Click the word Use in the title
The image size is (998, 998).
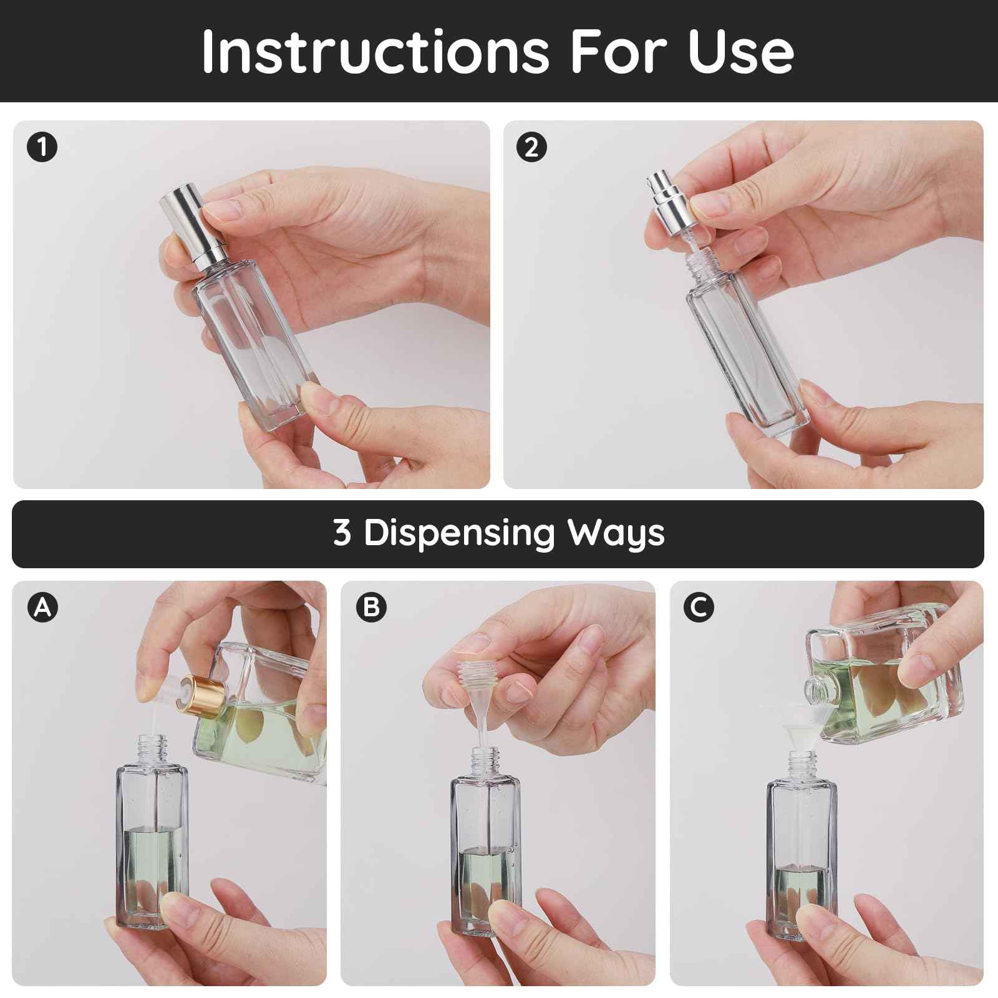point(740,51)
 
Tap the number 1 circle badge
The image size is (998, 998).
point(42,148)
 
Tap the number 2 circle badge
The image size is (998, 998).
point(531,148)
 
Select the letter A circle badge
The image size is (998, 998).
point(42,606)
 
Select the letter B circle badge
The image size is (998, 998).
point(371,606)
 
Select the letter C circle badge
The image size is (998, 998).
point(698,606)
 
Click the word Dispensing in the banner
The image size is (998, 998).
point(459,533)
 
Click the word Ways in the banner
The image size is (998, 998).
point(616,533)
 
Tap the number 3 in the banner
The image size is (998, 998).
point(342,533)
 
